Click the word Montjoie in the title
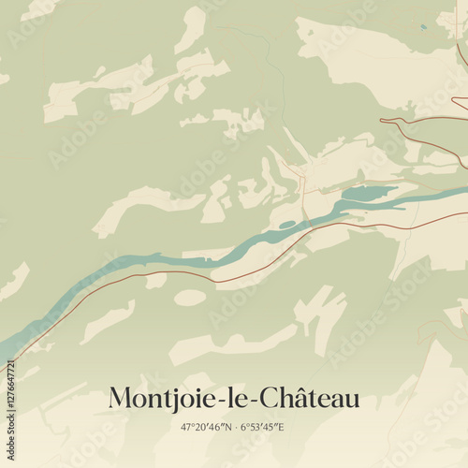161,399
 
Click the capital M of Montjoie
120,399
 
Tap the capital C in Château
273,399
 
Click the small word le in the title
239,399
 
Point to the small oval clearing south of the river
189,298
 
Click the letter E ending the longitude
282,427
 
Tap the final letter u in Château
351,401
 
